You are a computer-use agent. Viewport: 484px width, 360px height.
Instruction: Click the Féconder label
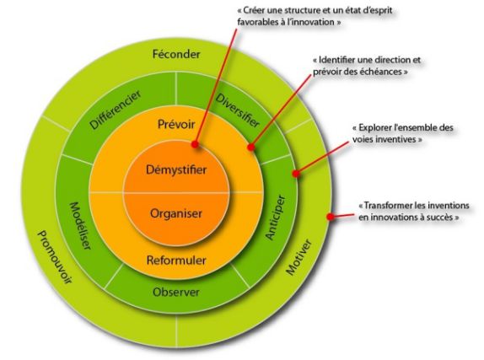tap(176, 54)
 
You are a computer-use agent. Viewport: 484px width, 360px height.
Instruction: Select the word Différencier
tap(116, 110)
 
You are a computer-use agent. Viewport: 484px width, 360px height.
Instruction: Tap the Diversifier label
tap(237, 110)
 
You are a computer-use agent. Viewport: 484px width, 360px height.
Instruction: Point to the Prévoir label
tap(176, 124)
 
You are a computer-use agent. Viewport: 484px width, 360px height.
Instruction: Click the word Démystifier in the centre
tap(176, 169)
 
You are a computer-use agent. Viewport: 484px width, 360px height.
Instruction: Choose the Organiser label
tap(176, 213)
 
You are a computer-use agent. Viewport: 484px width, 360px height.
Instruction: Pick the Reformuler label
tap(176, 260)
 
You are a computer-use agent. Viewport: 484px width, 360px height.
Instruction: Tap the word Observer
tap(176, 292)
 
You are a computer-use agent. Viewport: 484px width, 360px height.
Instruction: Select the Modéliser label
tap(80, 226)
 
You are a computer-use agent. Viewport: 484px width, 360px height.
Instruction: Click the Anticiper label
tap(275, 217)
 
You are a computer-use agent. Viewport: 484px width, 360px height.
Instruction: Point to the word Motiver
tap(298, 257)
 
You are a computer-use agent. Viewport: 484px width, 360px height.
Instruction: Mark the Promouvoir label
tap(55, 257)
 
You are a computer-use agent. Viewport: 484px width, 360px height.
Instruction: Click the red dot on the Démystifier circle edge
tap(195, 144)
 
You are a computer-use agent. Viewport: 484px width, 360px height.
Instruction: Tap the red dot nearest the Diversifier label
tap(251, 147)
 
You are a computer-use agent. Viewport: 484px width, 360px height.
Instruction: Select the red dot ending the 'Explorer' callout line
tap(296, 174)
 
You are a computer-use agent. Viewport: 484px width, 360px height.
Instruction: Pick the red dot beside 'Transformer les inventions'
tap(331, 217)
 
